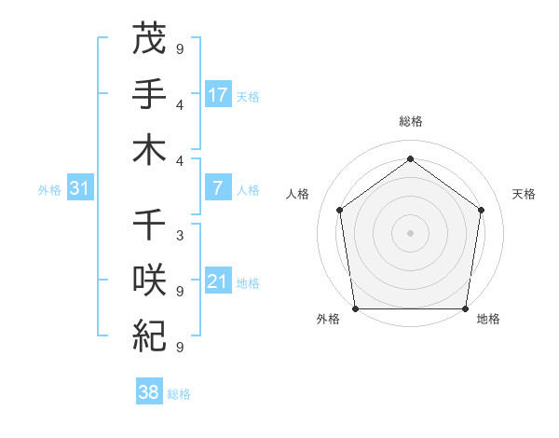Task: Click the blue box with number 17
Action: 218,94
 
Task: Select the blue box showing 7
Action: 218,188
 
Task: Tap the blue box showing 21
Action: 218,281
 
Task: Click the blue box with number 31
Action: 80,188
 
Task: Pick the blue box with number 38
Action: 149,392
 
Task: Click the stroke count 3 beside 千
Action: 180,236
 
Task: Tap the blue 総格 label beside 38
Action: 179,394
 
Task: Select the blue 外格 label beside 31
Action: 49,189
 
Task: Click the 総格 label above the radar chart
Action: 410,122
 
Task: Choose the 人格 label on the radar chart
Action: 299,194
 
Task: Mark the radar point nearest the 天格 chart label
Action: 481,210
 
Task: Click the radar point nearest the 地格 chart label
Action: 465,308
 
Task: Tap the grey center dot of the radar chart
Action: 410,232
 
